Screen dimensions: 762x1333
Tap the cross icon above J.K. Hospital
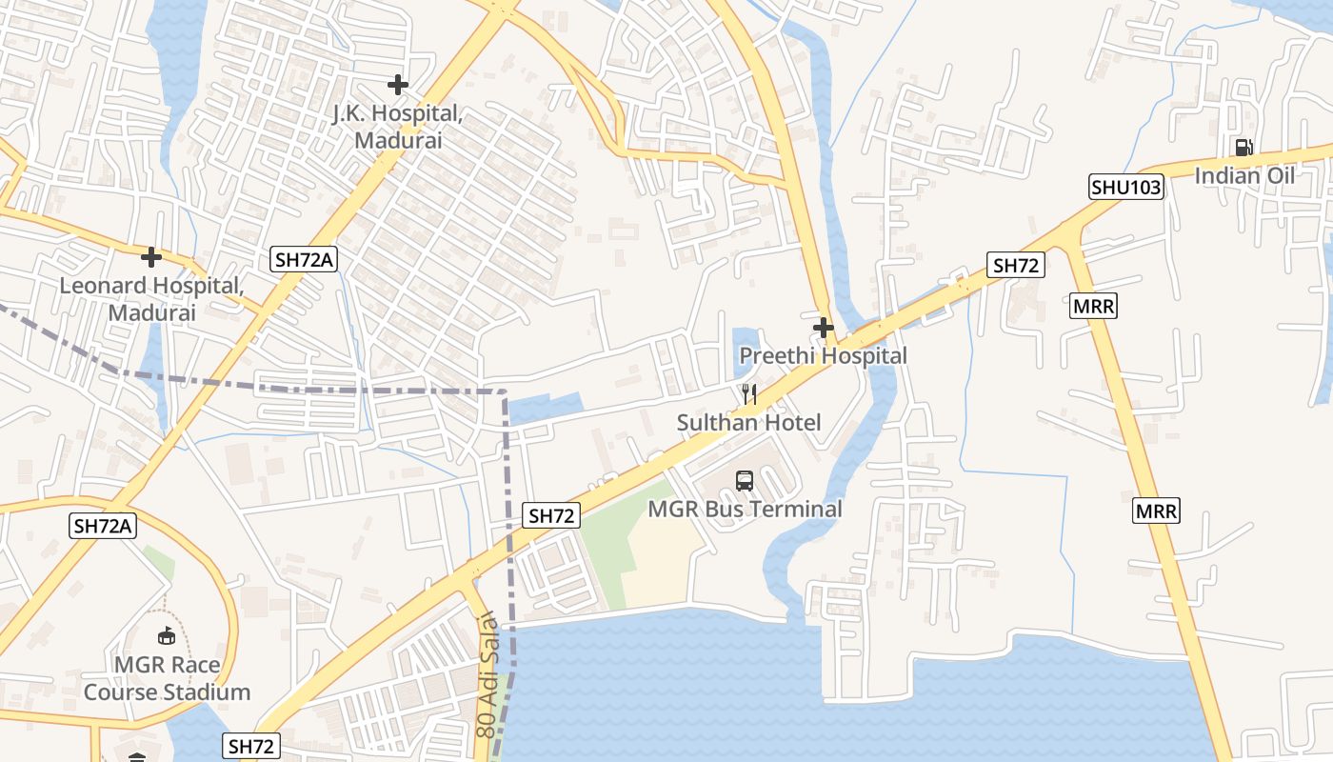click(398, 85)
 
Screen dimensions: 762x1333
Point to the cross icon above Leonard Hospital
click(151, 257)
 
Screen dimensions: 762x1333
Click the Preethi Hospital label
click(824, 355)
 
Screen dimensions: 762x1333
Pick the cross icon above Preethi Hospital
click(824, 329)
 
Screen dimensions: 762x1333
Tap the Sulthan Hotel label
click(748, 422)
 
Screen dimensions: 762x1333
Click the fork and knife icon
click(749, 394)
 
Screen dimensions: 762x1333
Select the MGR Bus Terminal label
click(745, 509)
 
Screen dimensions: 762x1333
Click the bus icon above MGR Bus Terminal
click(745, 481)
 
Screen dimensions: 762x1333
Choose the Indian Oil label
click(1244, 175)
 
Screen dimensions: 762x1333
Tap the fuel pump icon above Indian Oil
click(1243, 148)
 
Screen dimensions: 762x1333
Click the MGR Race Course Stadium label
click(167, 678)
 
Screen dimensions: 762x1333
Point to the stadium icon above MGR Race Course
click(167, 635)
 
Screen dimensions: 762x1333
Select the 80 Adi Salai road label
click(487, 674)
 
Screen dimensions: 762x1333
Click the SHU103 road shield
click(1126, 187)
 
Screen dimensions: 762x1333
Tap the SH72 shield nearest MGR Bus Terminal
click(552, 516)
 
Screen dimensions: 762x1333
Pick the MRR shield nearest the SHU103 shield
click(1093, 306)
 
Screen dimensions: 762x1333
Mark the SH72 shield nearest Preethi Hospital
click(1015, 266)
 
